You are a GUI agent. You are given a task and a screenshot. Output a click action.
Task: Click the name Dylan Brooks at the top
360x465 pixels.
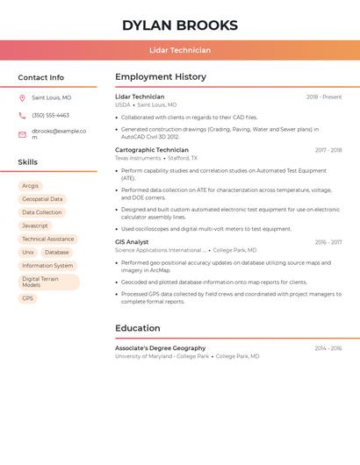pos(179,25)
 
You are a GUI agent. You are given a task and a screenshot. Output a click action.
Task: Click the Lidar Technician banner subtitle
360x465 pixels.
pos(179,50)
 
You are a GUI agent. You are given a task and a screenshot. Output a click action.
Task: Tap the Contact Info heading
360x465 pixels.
pos(40,77)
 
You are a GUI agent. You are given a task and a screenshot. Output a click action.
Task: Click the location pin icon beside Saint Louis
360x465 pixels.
pos(22,98)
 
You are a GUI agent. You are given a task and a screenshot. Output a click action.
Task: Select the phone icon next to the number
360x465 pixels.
pos(22,116)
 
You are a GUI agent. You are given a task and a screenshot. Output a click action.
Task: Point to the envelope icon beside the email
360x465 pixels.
pos(22,134)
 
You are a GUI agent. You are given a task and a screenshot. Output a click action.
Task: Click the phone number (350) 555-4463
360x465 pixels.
pos(50,116)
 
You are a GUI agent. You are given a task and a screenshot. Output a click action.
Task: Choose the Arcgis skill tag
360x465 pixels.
pos(30,186)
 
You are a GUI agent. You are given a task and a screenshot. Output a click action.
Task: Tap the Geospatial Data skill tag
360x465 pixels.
pos(42,199)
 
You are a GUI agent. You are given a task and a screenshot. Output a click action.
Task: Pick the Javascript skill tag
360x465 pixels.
pos(35,225)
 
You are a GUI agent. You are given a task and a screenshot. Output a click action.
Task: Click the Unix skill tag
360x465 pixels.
pos(28,253)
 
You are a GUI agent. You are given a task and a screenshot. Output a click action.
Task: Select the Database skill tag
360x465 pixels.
pos(56,253)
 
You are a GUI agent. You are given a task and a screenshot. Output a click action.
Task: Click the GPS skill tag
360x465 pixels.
pos(27,298)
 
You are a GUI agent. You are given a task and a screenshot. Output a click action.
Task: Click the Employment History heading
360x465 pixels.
pos(160,77)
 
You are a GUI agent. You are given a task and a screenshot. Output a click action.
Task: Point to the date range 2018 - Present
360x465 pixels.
pos(324,97)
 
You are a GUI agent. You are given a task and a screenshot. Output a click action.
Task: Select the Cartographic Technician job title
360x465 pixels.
pos(152,150)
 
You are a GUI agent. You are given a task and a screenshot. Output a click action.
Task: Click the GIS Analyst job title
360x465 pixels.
pos(132,242)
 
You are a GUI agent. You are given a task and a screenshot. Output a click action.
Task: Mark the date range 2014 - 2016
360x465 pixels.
pos(328,348)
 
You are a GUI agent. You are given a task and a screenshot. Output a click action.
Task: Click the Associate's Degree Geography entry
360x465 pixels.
pos(160,348)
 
